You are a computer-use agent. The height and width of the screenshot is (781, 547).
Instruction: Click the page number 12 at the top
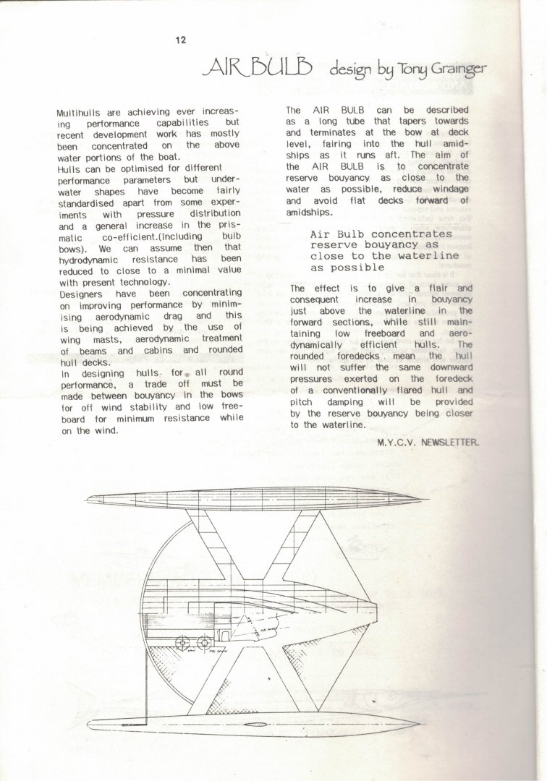[x=181, y=40]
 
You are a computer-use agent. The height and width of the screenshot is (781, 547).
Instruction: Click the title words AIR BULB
[x=259, y=68]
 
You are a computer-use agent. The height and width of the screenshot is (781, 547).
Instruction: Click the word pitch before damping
[x=300, y=402]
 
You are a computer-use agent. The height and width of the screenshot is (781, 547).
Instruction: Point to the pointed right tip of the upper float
[x=428, y=500]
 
